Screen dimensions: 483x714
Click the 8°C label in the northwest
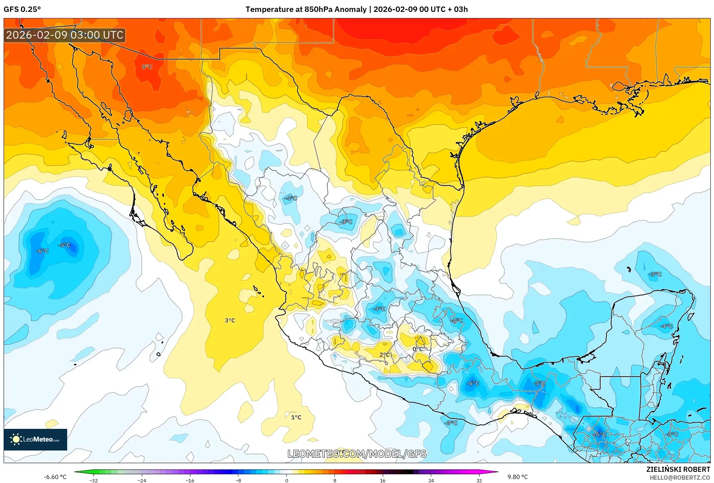[x=147, y=67]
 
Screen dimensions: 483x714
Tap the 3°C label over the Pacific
[x=230, y=321]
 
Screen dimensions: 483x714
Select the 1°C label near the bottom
[x=296, y=417]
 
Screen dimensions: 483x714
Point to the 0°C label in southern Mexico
[x=417, y=349]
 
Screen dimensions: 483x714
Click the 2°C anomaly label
[x=385, y=355]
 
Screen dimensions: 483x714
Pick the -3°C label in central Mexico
[x=346, y=222]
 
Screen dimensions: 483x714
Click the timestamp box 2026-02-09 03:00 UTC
[x=65, y=35]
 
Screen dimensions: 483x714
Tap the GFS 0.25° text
[x=22, y=9]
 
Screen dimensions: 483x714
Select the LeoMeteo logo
[x=35, y=439]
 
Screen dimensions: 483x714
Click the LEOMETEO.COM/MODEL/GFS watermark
[x=357, y=454]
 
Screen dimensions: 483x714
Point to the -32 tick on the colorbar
[x=94, y=480]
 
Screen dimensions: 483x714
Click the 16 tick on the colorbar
[x=382, y=480]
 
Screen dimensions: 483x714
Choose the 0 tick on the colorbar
[x=286, y=480]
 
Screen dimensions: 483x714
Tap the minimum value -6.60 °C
[x=55, y=477]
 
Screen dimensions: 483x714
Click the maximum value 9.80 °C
[x=517, y=477]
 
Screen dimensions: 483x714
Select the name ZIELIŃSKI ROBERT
[x=678, y=469]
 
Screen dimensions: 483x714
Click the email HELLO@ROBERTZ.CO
[x=680, y=478]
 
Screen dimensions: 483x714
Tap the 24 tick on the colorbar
[x=431, y=480]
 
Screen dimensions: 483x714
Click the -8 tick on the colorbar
[x=238, y=480]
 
